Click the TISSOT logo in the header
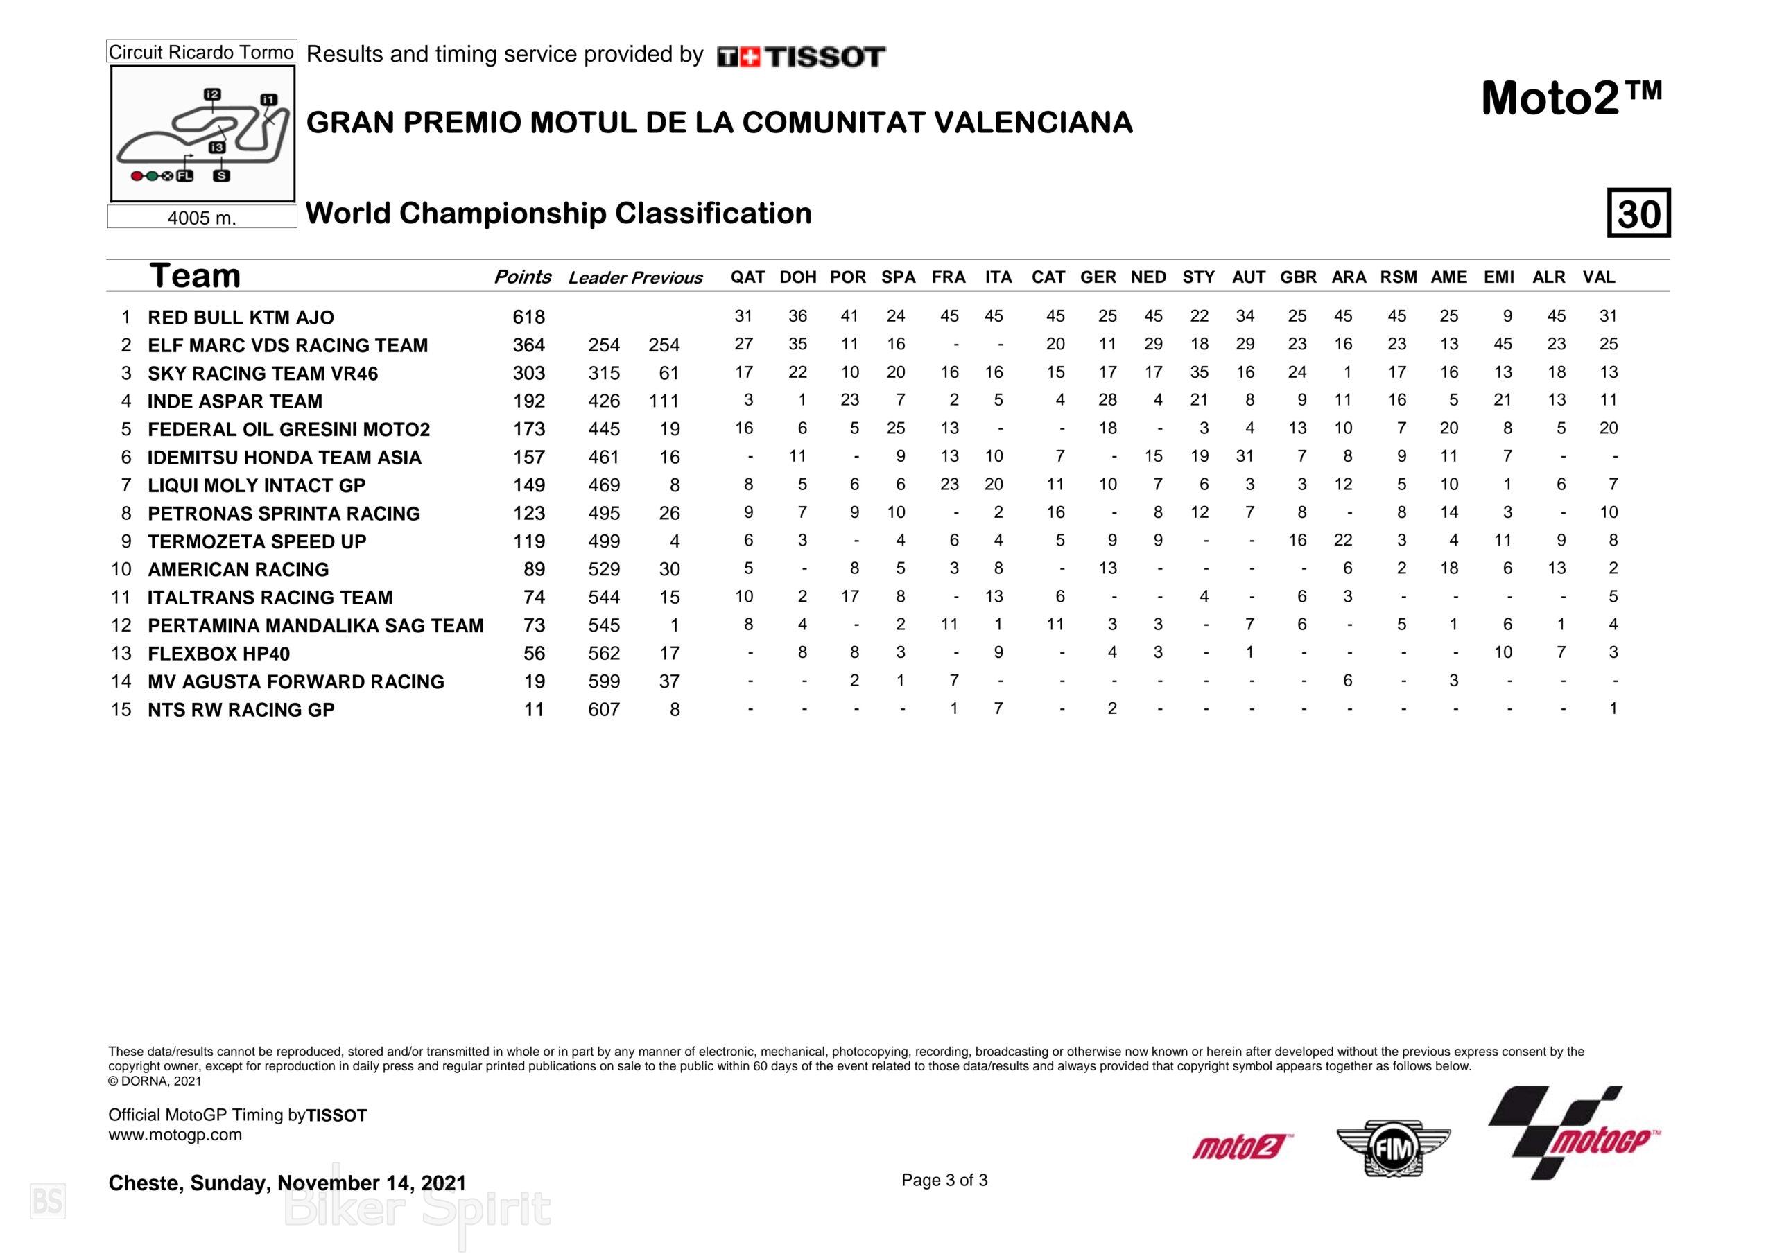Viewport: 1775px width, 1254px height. [x=801, y=56]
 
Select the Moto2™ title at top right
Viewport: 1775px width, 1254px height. [x=1571, y=100]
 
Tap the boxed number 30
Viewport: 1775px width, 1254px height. [x=1638, y=213]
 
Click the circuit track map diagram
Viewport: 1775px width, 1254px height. [x=202, y=134]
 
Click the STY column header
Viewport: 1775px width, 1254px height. [x=1198, y=277]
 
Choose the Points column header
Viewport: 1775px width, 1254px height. [x=523, y=277]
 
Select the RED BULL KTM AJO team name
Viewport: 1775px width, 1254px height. [x=241, y=317]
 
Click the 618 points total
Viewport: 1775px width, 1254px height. [x=529, y=317]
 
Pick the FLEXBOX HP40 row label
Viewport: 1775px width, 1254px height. [x=219, y=654]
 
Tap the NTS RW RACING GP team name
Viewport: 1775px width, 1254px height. [x=241, y=710]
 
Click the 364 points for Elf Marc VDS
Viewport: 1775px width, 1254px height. [x=529, y=345]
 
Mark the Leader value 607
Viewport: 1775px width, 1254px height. [x=604, y=710]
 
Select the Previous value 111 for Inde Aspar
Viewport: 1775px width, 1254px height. [x=664, y=401]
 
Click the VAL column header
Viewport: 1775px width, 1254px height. [x=1599, y=277]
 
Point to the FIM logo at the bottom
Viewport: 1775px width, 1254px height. [x=1393, y=1148]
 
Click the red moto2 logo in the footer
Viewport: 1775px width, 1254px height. [x=1241, y=1147]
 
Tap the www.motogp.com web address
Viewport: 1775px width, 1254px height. [x=175, y=1135]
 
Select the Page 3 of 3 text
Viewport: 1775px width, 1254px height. [x=944, y=1180]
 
